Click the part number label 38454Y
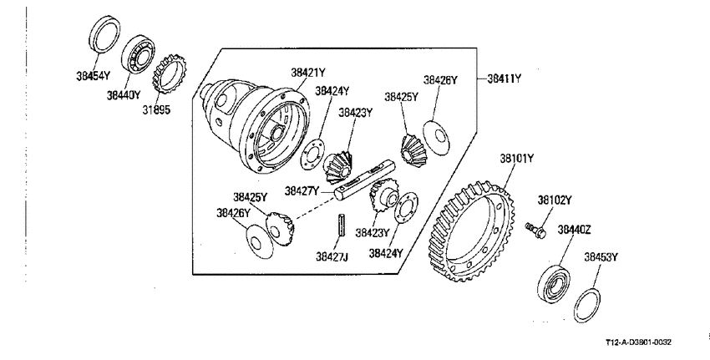click(x=94, y=76)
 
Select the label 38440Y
click(x=124, y=95)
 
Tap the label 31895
click(x=156, y=109)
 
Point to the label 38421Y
click(x=308, y=73)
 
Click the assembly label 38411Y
click(x=504, y=79)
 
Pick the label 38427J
click(x=332, y=256)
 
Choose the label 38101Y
click(x=517, y=159)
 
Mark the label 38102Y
click(x=555, y=200)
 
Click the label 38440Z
click(x=574, y=230)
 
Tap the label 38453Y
click(x=601, y=257)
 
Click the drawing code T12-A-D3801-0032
click(x=638, y=342)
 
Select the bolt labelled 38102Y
click(x=535, y=229)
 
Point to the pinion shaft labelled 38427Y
click(x=365, y=180)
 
